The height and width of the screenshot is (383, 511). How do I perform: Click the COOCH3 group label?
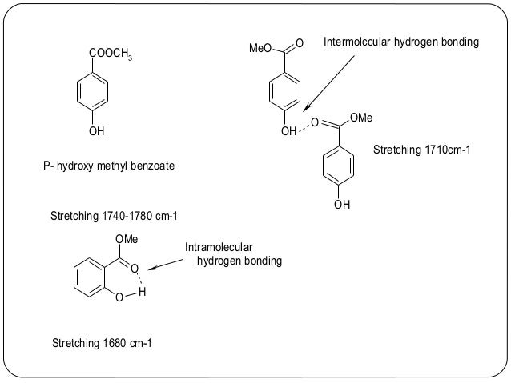111,54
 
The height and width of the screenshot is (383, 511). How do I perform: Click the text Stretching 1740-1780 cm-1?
113,217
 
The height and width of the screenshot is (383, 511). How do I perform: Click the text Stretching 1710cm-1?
420,150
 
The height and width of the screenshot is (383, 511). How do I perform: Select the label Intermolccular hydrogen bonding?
400,41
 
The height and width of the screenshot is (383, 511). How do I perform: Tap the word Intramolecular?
219,248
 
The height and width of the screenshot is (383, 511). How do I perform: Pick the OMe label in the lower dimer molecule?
361,118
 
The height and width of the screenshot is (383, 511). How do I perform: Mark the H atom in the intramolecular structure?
142,293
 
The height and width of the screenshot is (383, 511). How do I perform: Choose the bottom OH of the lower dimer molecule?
342,205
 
